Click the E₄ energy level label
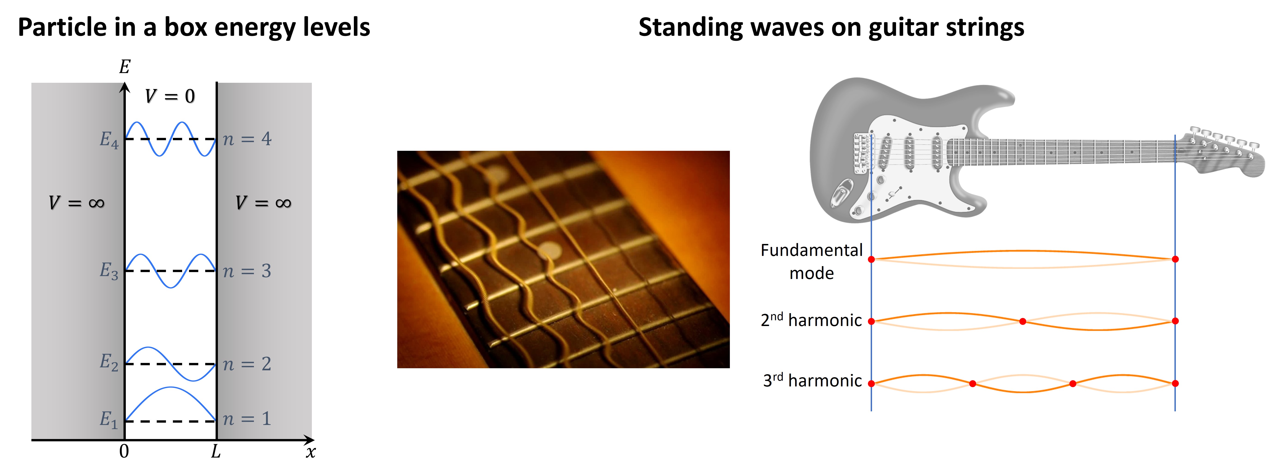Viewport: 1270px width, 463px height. (109, 140)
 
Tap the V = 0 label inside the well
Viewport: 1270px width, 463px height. (170, 96)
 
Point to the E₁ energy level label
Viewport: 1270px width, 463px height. (109, 420)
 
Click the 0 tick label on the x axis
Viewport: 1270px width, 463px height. (124, 451)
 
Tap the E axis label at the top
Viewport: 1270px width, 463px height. (125, 66)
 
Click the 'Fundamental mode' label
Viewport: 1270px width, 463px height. (812, 261)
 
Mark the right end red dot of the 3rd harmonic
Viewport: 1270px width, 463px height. (1175, 383)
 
